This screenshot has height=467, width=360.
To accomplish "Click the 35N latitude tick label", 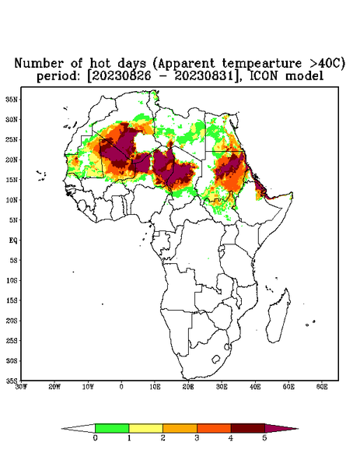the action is coord(12,99).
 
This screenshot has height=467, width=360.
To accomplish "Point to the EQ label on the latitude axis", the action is coord(13,240).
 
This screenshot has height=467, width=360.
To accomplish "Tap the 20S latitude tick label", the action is coord(12,321).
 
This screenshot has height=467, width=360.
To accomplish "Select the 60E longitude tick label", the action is coord(322,387).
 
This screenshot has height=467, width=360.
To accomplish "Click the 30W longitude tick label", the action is coord(21,387).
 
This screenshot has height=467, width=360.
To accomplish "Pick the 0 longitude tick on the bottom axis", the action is coord(121,387).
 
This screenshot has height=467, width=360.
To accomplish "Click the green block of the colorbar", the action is coord(112,428).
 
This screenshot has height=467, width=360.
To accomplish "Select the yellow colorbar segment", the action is coord(145,428).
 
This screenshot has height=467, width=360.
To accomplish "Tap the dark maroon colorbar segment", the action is coord(248,428).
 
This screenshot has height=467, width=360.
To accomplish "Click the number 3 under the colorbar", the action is coord(197,438).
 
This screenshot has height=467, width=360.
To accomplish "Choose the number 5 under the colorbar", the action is coord(264,438).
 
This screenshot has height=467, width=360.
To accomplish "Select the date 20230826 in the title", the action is coord(124,76).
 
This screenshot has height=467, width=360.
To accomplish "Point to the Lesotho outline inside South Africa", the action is coord(215,359).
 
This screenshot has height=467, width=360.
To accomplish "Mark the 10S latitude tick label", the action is coord(12,280).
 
